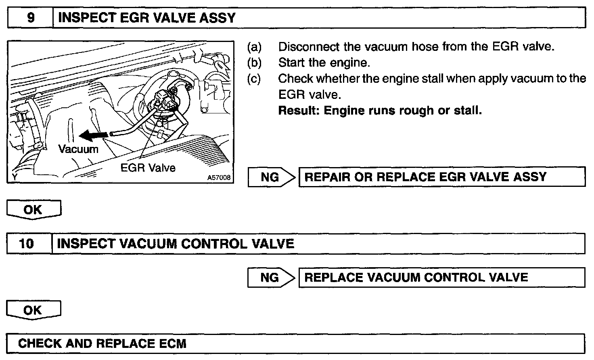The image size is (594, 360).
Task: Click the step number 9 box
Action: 30,18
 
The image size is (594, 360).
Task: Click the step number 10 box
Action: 29,244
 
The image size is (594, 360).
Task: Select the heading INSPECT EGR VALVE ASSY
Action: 147,18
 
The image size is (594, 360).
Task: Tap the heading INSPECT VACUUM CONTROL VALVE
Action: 176,244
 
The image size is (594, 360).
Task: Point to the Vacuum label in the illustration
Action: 78,149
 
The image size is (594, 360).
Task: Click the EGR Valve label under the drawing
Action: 148,167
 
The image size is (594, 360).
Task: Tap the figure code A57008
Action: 219,178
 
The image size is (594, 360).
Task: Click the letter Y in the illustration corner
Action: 14,177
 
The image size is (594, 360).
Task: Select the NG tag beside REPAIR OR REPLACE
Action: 270,177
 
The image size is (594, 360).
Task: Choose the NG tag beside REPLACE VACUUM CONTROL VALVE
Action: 270,278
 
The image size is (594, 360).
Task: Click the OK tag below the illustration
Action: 33,209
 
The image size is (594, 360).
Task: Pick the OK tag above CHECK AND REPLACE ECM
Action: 33,310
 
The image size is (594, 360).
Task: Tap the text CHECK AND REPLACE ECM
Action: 102,343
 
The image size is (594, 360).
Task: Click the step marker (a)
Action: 254,47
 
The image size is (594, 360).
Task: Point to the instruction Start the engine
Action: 324,63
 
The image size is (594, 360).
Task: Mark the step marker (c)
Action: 254,78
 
